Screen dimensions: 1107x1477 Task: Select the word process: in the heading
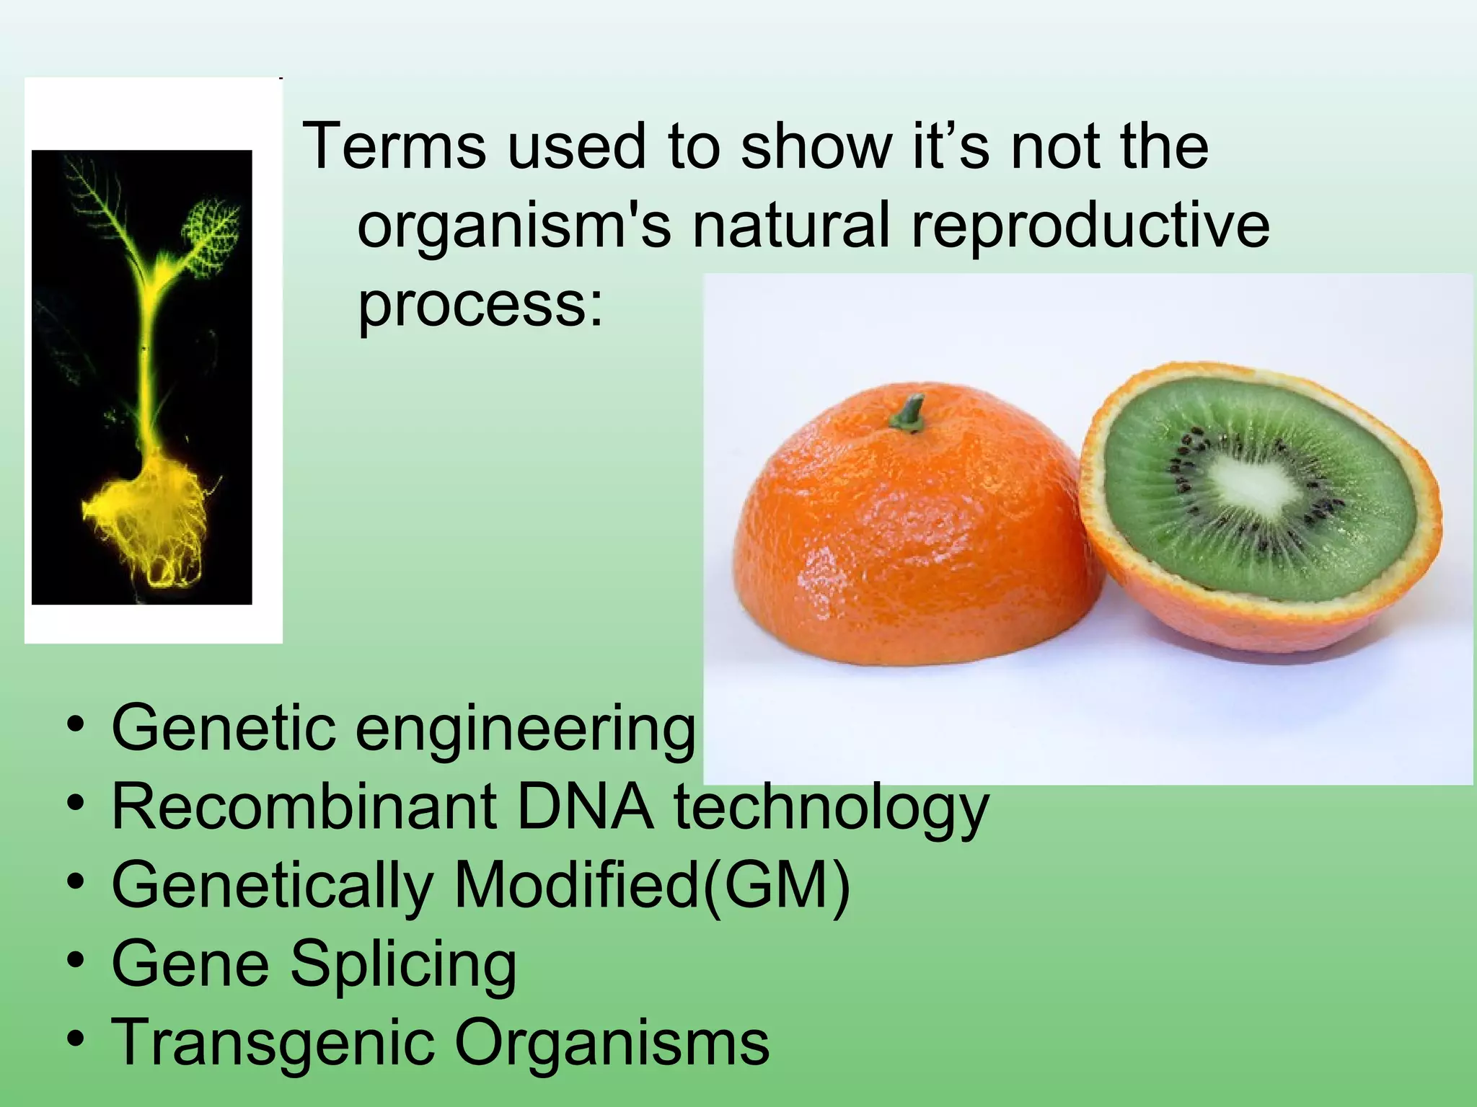(x=480, y=305)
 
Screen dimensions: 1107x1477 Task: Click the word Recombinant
(x=304, y=807)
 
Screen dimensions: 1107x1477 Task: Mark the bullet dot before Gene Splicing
(x=75, y=961)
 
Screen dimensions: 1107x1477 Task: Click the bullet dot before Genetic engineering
(x=75, y=724)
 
